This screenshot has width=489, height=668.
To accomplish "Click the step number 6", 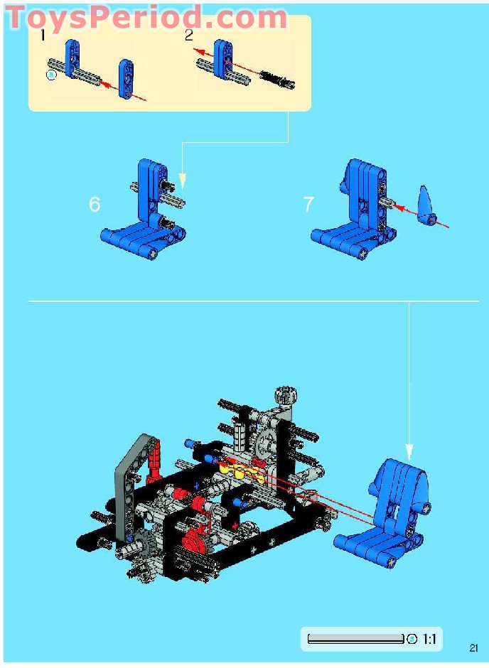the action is tap(95, 204).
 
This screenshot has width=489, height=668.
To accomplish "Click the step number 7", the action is tap(308, 204).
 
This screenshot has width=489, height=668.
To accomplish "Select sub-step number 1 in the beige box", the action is tap(42, 36).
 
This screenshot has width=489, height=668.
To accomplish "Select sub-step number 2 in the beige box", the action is tap(188, 36).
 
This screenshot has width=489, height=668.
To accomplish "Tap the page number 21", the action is tap(473, 648).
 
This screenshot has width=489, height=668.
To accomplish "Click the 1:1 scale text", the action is tap(429, 639).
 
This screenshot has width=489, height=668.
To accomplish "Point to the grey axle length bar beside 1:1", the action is tap(355, 639).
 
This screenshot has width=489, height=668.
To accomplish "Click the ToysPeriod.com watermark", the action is tap(147, 18).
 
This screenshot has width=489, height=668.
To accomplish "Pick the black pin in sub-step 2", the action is tap(277, 80).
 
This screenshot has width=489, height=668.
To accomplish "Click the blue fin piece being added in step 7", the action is tap(426, 205).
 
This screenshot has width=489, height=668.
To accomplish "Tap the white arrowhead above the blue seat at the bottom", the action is tap(409, 452).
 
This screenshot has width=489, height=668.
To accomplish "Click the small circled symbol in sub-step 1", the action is tap(51, 75).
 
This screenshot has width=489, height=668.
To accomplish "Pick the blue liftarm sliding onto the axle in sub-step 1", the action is tap(127, 79).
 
